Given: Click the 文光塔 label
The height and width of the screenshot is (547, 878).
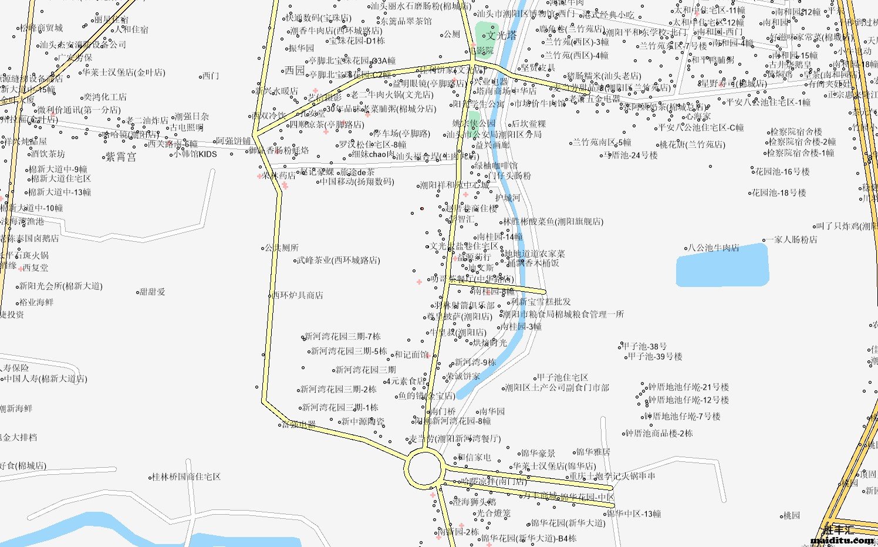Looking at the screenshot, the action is (x=502, y=36).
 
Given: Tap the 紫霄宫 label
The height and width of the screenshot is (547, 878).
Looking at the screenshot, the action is (x=121, y=157).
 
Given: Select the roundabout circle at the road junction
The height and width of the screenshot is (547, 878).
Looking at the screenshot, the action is (x=424, y=468).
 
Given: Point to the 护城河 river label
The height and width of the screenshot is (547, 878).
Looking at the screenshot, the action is (x=508, y=198).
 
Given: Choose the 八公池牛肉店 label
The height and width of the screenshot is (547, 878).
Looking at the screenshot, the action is (x=714, y=248).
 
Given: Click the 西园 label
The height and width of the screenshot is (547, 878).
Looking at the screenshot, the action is (x=295, y=71).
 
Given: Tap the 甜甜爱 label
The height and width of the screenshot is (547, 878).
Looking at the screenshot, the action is (x=153, y=292).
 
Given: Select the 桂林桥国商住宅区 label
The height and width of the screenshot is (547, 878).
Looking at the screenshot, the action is (x=186, y=477).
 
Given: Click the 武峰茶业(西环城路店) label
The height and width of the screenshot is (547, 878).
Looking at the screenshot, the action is (x=339, y=260).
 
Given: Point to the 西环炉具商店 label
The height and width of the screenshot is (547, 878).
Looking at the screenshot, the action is (x=298, y=295).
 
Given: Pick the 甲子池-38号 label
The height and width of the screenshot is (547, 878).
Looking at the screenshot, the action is (x=644, y=347).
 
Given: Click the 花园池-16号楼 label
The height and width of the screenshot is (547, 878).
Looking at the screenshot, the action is (x=782, y=172).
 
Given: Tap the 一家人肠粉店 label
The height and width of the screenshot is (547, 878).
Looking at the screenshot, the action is (x=791, y=239).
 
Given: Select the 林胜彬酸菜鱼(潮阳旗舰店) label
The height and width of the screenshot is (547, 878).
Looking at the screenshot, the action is (x=553, y=222).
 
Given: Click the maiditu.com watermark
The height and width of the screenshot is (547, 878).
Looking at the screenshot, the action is (x=842, y=540).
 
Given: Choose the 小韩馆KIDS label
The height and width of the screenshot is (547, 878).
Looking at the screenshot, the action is (x=196, y=154).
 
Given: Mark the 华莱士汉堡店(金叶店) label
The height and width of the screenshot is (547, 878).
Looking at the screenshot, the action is (x=124, y=73).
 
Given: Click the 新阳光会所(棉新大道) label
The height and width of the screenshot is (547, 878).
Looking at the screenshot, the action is (x=61, y=286).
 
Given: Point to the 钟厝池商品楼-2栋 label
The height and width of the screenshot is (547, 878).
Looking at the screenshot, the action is (x=659, y=434).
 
